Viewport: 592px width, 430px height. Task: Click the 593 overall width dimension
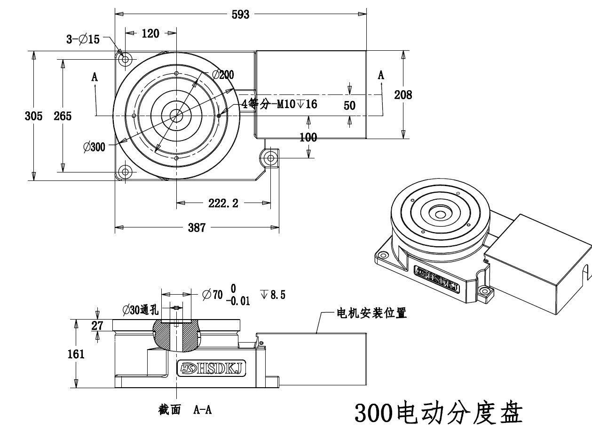coord(240,15)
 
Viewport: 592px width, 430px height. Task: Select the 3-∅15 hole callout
coord(83,39)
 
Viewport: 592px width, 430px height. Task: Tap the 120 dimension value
coord(150,33)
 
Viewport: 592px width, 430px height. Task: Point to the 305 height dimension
coord(33,116)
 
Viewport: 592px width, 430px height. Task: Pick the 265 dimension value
coord(62,116)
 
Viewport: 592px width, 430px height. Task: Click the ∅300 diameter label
coord(94,147)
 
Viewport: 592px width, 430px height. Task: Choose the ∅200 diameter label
coord(222,75)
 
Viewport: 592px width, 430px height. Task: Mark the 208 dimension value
coord(403,95)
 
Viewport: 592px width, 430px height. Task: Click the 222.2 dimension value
coord(223,203)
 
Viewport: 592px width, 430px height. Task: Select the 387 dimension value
coord(197,228)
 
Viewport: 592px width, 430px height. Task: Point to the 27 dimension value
coord(97,326)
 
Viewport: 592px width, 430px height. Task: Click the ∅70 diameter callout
coord(212,295)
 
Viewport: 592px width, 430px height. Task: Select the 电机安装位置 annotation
coord(371,313)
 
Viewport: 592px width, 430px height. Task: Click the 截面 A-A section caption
coord(185,410)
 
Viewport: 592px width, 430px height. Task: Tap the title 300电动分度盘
coord(438,413)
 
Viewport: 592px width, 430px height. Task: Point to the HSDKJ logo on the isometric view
coord(437,278)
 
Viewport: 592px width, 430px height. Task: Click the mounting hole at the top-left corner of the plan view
coord(126,60)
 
